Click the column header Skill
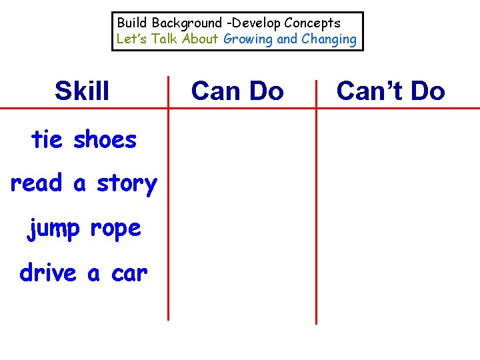click(82, 91)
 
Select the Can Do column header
click(237, 91)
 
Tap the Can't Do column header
click(391, 91)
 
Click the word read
click(36, 183)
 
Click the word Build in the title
click(132, 23)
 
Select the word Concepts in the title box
click(313, 23)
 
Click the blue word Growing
click(248, 39)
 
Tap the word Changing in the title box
click(329, 39)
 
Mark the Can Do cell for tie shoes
click(241, 140)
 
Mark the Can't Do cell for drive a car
click(397, 272)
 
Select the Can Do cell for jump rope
click(241, 228)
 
